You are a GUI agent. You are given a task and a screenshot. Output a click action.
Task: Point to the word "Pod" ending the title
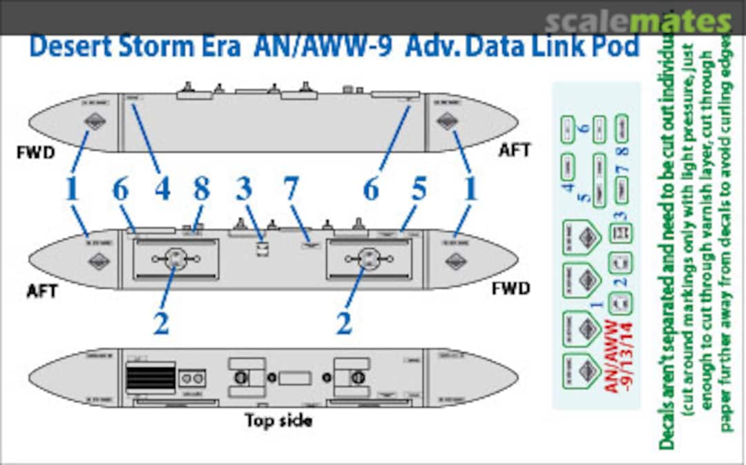613,46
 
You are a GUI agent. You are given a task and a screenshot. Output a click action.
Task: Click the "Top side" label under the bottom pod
278,420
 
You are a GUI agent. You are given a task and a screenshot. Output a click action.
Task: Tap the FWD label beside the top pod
35,152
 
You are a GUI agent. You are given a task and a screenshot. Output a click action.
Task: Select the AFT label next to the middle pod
43,290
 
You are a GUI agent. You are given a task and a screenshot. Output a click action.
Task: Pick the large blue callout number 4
162,189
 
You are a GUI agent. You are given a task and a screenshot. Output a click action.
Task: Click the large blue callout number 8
201,189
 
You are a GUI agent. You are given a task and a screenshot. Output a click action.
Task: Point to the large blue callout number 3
244,189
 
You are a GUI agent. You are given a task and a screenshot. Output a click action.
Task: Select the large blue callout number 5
418,189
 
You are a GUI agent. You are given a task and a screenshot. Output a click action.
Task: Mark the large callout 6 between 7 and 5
371,189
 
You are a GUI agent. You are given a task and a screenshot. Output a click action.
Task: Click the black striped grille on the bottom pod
150,378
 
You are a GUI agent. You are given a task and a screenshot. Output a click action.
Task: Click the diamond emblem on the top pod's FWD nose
94,122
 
